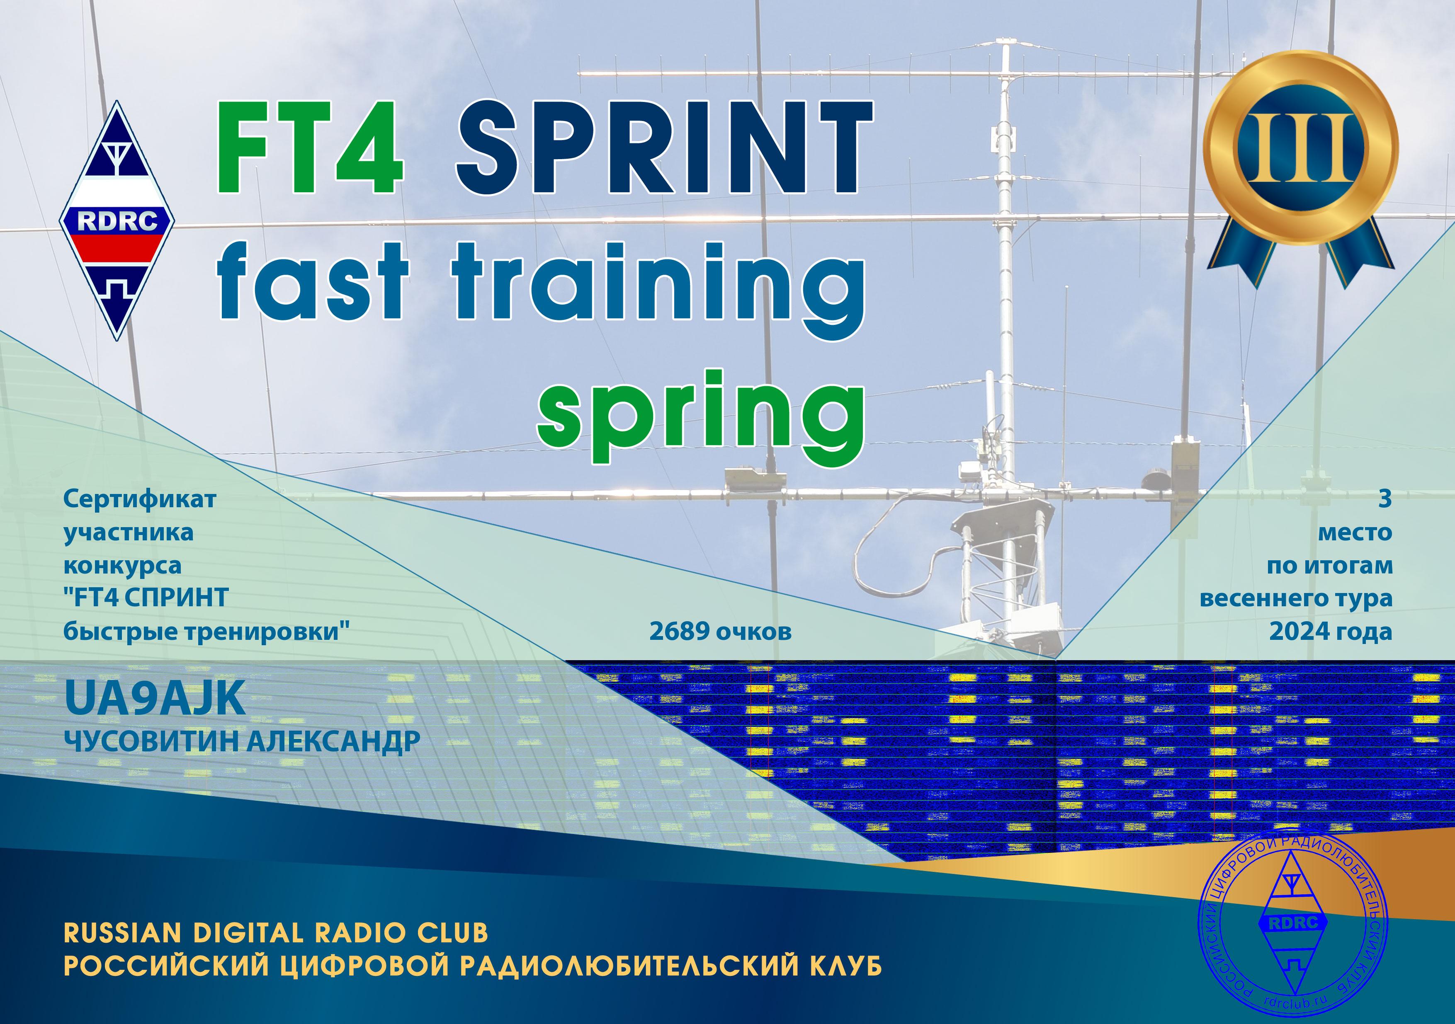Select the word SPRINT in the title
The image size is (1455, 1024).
pyautogui.click(x=663, y=147)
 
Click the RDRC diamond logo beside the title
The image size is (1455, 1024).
pyautogui.click(x=117, y=220)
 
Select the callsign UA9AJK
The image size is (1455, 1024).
pyautogui.click(x=155, y=699)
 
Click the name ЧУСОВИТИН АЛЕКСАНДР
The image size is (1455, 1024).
pyautogui.click(x=242, y=740)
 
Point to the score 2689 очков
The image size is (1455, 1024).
pyautogui.click(x=721, y=632)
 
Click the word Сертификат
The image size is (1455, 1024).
pyautogui.click(x=139, y=499)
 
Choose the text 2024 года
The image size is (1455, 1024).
pyautogui.click(x=1330, y=632)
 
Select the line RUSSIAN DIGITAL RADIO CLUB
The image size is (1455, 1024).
pyautogui.click(x=276, y=932)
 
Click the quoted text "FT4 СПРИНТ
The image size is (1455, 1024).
pyautogui.click(x=146, y=598)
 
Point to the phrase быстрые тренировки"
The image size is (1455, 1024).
pyautogui.click(x=206, y=632)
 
